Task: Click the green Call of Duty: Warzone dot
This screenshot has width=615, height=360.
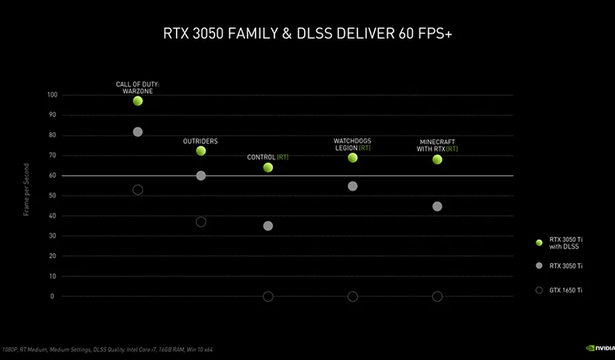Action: [137, 101]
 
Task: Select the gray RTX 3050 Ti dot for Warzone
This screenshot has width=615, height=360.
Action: [137, 132]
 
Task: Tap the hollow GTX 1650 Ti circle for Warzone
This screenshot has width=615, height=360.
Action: [137, 190]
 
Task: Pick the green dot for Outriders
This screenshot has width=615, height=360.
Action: [201, 151]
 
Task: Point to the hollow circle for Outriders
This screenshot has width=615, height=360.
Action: [201, 222]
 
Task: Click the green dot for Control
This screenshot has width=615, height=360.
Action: [268, 168]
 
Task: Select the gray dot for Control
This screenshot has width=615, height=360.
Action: [268, 226]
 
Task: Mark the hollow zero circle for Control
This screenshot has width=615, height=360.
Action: [268, 297]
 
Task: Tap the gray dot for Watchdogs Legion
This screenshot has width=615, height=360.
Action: [352, 186]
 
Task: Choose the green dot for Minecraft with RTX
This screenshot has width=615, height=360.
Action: [437, 159]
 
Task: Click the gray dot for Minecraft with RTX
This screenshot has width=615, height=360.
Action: [437, 207]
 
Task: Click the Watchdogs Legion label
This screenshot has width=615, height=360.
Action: [352, 144]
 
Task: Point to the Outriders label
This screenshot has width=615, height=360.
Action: [201, 141]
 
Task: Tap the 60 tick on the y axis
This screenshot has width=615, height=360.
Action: [53, 175]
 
